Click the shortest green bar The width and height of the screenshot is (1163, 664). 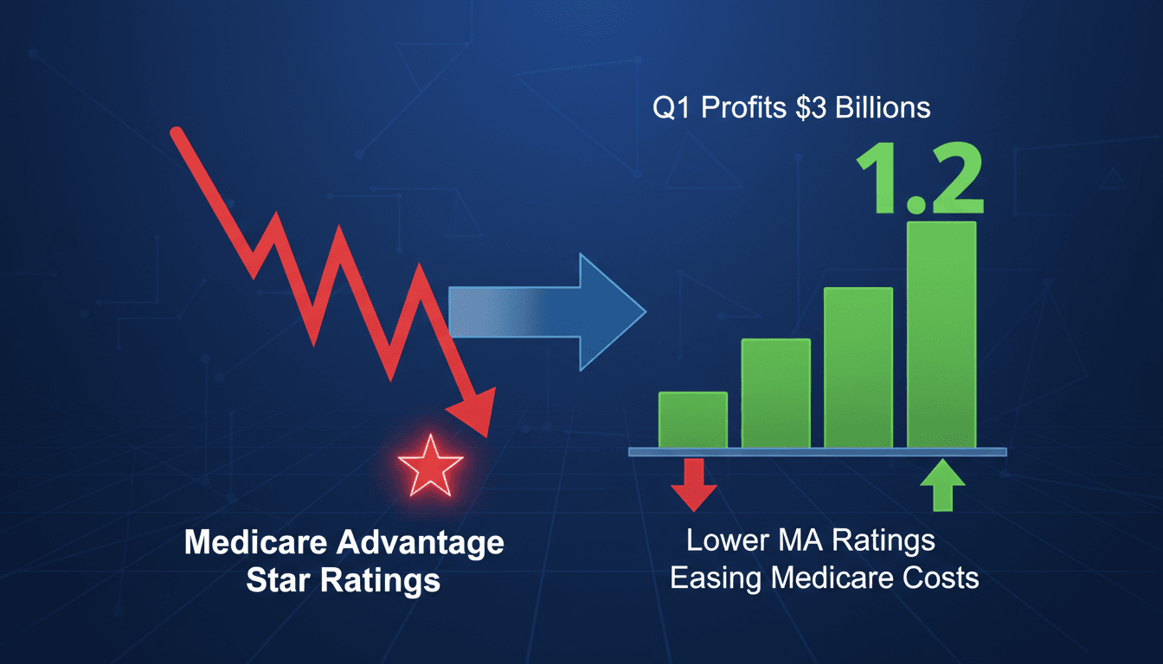(x=693, y=420)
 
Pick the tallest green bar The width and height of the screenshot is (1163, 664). (x=941, y=335)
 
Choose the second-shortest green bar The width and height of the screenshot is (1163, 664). (x=776, y=394)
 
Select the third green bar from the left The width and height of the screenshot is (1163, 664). (x=858, y=368)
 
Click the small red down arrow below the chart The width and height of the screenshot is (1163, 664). (x=693, y=483)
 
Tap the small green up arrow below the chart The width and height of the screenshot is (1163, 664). (x=941, y=484)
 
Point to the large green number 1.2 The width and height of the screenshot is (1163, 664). (x=920, y=184)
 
